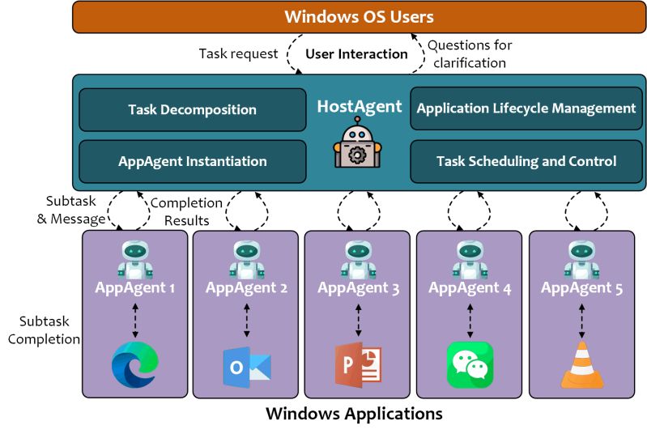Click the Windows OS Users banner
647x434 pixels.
click(x=359, y=17)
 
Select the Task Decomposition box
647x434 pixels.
click(x=192, y=109)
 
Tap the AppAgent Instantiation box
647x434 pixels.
click(x=192, y=161)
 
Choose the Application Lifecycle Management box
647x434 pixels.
click(x=526, y=108)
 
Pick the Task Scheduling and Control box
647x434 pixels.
click(x=526, y=161)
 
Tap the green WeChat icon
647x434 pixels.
click(x=470, y=364)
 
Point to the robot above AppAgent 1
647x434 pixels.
click(x=134, y=259)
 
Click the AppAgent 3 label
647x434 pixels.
click(x=358, y=287)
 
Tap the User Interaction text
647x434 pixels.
click(x=356, y=54)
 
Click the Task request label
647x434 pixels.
click(x=237, y=53)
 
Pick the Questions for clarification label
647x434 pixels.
click(x=470, y=53)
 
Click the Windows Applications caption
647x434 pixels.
click(x=355, y=415)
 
